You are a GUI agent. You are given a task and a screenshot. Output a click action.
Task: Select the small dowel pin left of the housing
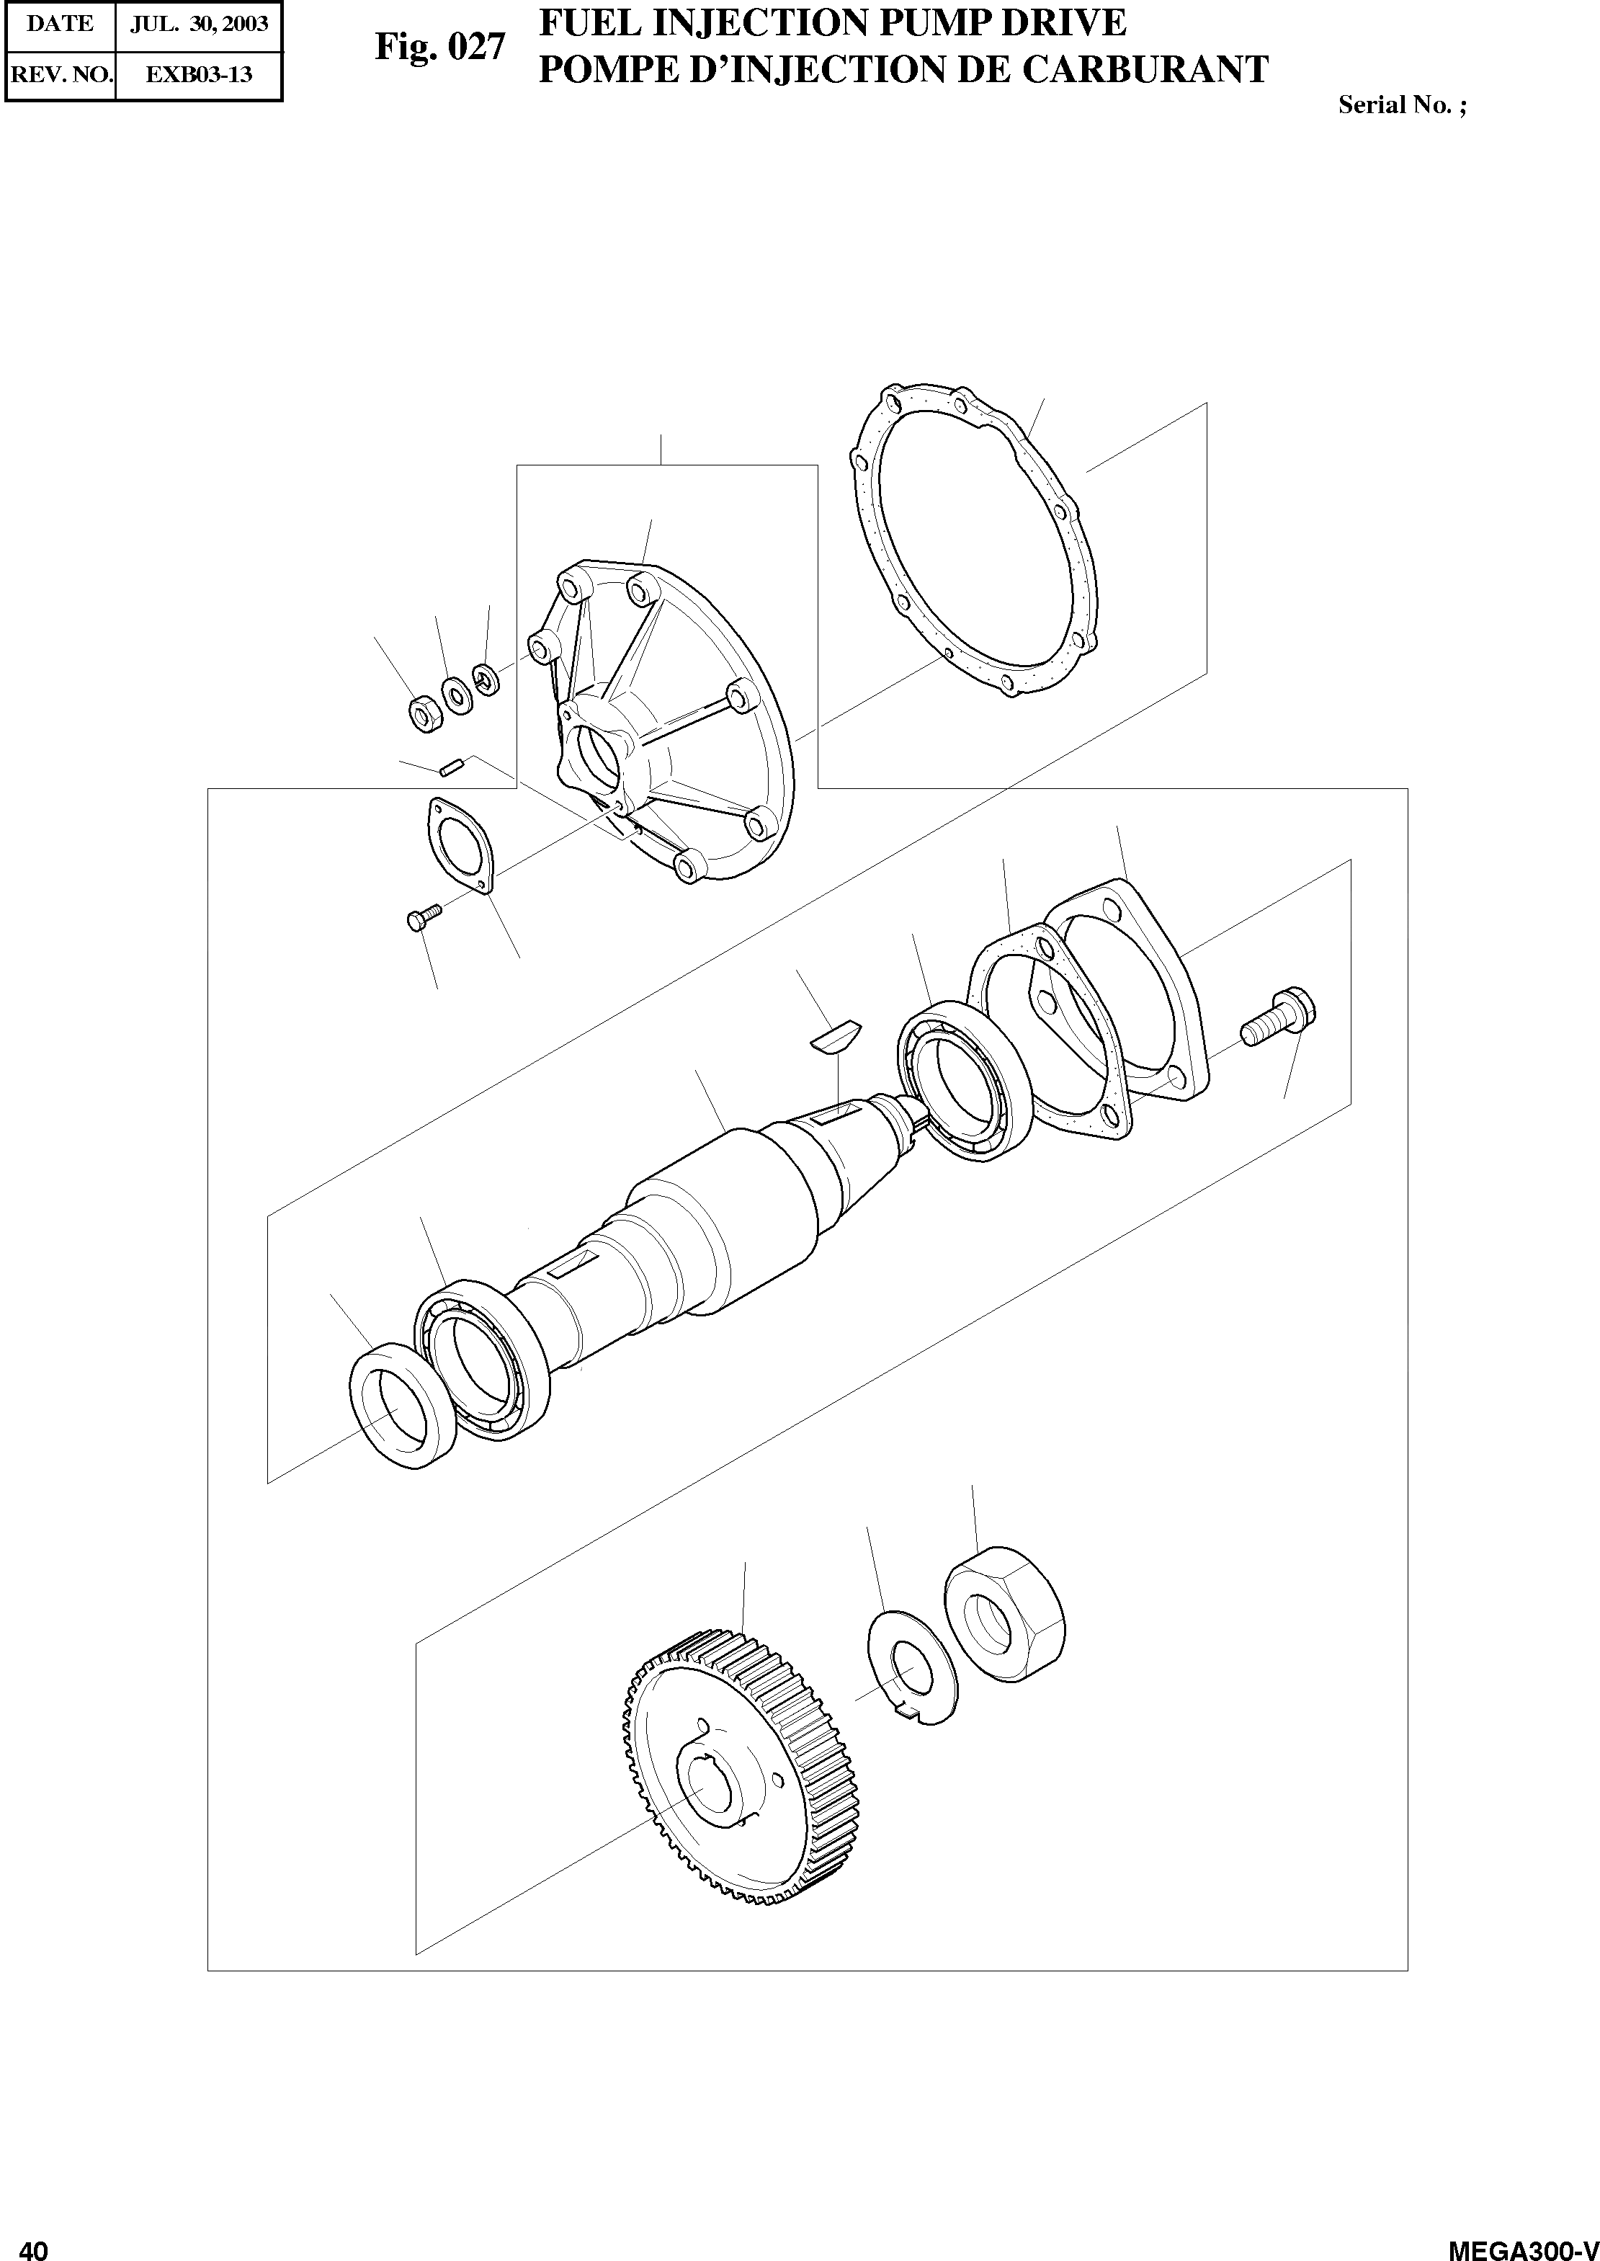pyautogui.click(x=452, y=767)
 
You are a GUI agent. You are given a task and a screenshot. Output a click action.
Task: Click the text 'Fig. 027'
pyautogui.click(x=439, y=46)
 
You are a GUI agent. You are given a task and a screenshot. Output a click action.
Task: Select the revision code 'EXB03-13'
pyautogui.click(x=199, y=75)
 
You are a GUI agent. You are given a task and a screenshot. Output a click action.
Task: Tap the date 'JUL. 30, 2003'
pyautogui.click(x=199, y=24)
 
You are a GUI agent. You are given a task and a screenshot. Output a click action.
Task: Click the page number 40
pyautogui.click(x=32, y=2244)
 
